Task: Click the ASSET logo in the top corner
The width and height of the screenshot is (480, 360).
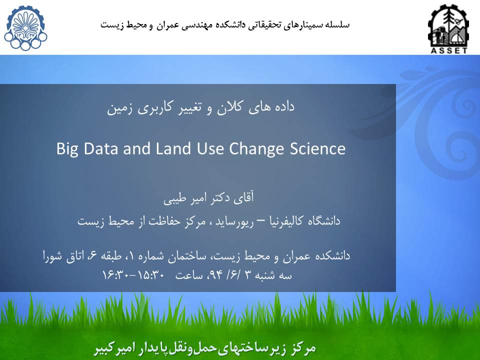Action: pyautogui.click(x=448, y=28)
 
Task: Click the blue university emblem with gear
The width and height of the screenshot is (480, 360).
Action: pyautogui.click(x=25, y=28)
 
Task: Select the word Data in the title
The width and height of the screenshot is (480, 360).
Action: pyautogui.click(x=100, y=148)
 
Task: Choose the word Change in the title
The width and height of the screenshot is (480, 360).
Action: pyautogui.click(x=256, y=149)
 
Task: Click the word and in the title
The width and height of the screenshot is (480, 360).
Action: pyautogui.click(x=137, y=148)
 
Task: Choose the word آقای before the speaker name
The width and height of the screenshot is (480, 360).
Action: pyautogui.click(x=243, y=198)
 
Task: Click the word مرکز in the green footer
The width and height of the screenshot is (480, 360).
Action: pyautogui.click(x=302, y=348)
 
